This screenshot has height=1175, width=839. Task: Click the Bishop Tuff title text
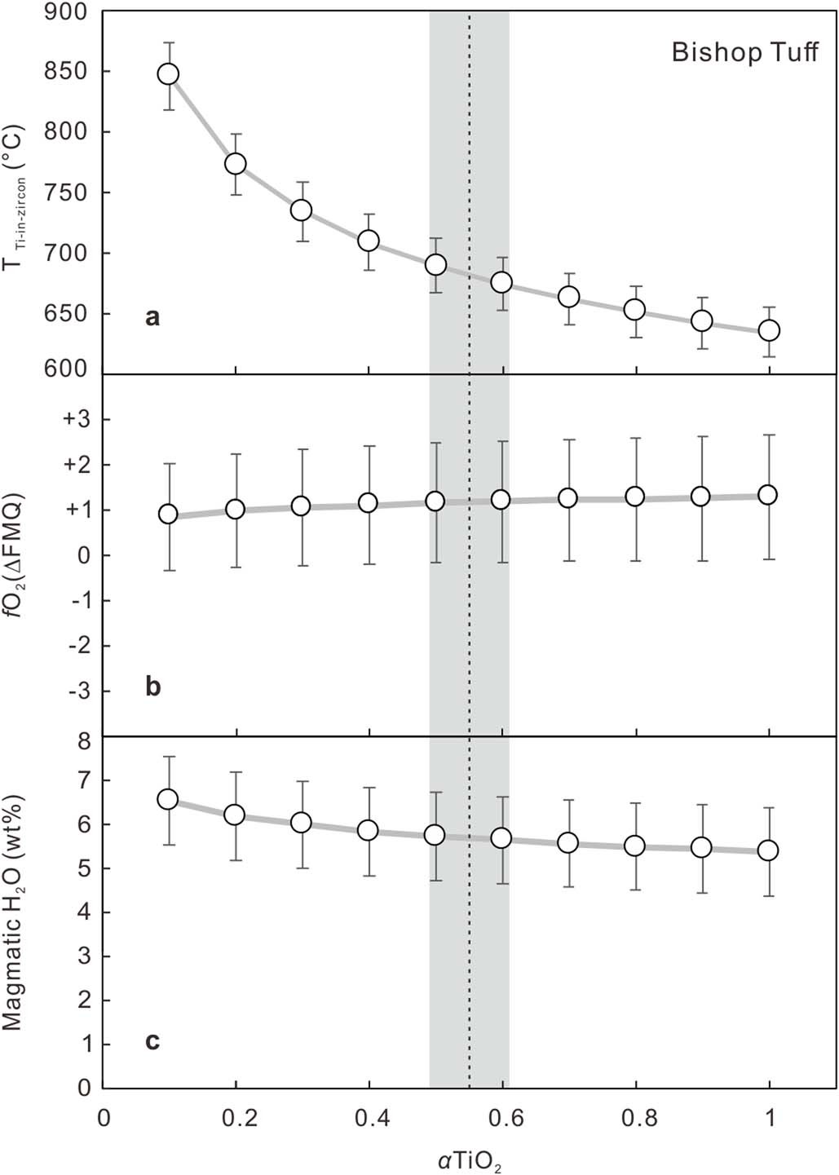744,53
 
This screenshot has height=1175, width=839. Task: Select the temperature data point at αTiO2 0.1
168,74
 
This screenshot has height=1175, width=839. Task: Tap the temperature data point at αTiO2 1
769,330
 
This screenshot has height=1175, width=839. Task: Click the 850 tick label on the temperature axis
68,72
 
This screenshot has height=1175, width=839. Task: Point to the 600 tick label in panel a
68,369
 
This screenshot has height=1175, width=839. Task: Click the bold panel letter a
152,318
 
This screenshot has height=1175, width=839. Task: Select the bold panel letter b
152,687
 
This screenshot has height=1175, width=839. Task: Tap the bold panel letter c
152,1041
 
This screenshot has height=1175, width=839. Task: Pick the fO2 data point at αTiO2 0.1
168,514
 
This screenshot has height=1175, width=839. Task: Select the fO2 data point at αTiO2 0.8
634,497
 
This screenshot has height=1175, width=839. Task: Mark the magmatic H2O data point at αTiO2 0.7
568,842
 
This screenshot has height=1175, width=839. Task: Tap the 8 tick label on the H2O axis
82,742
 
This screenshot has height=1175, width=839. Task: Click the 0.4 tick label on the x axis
369,1115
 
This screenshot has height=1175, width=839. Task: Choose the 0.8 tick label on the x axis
635,1115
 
